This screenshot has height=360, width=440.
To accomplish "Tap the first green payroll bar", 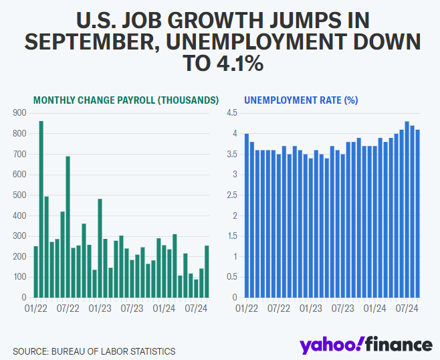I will pyautogui.click(x=35, y=272).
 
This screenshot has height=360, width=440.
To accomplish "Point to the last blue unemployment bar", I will pyautogui.click(x=418, y=213).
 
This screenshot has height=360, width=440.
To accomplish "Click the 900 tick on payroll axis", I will pyautogui.click(x=20, y=114).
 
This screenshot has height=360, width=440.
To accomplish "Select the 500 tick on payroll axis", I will pyautogui.click(x=20, y=195).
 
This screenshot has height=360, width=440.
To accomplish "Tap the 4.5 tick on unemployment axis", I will pyautogui.click(x=232, y=114).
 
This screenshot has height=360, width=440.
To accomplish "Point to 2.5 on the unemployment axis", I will pyautogui.click(x=232, y=195).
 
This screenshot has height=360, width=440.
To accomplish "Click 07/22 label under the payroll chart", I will pyautogui.click(x=68, y=309).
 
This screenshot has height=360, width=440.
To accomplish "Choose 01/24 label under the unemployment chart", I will pyautogui.click(x=375, y=309).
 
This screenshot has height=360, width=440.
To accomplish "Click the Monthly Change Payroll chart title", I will pyautogui.click(x=126, y=100).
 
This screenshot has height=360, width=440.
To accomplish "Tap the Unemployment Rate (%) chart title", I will pyautogui.click(x=301, y=100).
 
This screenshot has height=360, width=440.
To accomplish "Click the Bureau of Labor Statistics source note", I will pyautogui.click(x=94, y=351).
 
